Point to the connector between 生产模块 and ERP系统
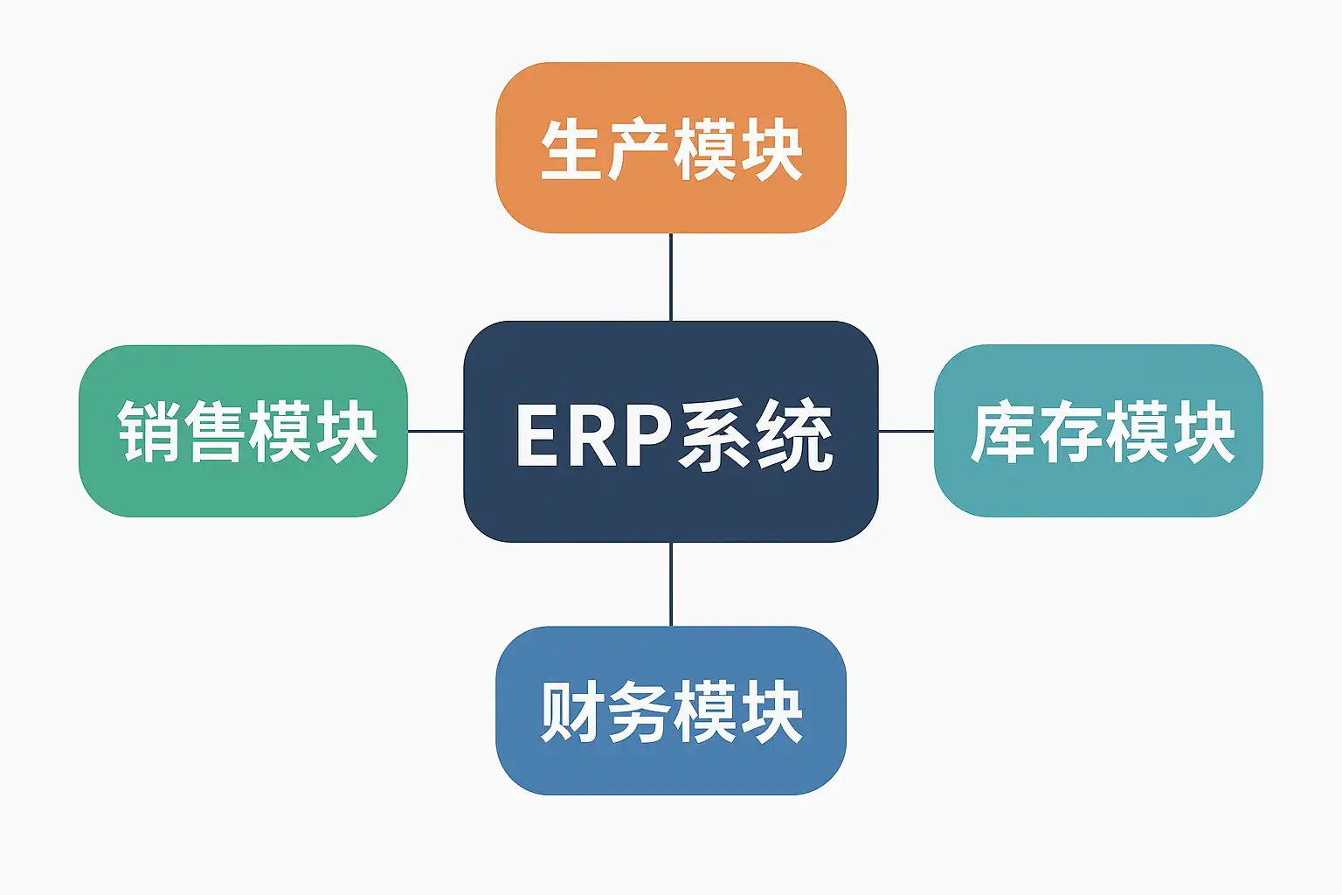coord(671,277)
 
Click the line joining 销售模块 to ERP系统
coord(435,431)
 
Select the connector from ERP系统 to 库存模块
coord(906,431)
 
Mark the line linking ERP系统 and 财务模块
coord(671,584)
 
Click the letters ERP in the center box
coord(593,435)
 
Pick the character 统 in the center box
coord(793,435)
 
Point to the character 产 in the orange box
coord(638,150)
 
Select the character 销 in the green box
coord(149,431)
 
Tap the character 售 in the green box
coord(214,431)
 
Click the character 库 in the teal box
coord(1004,432)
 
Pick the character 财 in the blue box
coord(572,711)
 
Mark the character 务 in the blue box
coord(638,711)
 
